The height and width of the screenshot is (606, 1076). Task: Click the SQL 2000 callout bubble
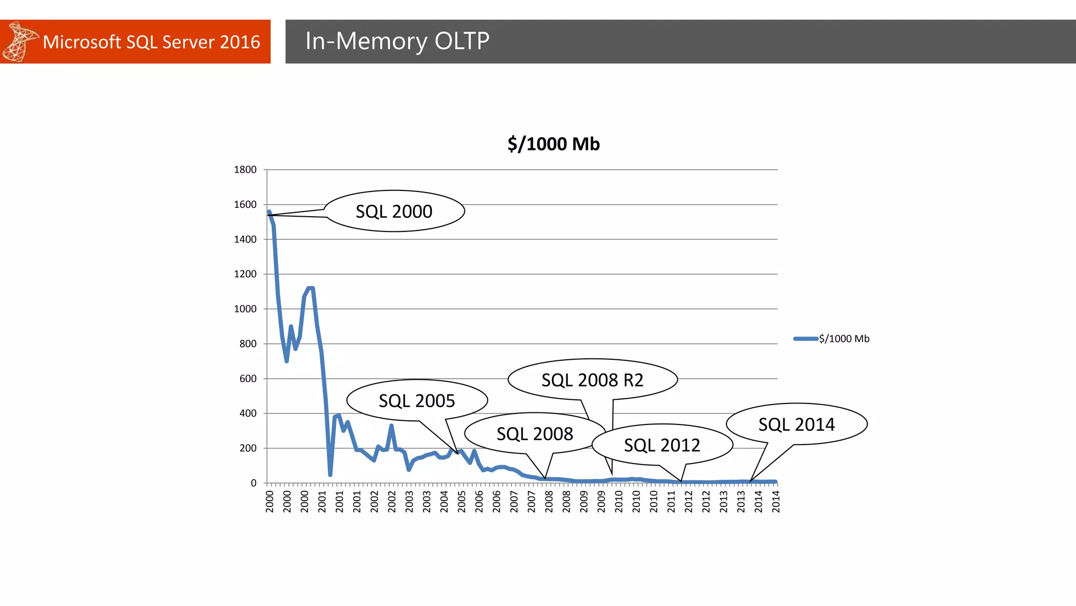[x=394, y=211]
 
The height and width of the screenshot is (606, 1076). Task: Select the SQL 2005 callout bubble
[x=417, y=401]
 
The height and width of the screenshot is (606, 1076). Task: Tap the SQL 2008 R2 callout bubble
[x=592, y=380]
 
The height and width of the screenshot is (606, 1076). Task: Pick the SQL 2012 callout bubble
[x=662, y=445]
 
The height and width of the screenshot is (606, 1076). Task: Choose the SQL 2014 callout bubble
[x=796, y=424]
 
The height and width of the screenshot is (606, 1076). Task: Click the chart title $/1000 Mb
[x=553, y=144]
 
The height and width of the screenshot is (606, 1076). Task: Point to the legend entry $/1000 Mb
[x=844, y=339]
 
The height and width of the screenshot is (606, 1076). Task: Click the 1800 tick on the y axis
[x=245, y=169]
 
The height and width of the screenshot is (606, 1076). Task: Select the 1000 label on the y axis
[x=245, y=309]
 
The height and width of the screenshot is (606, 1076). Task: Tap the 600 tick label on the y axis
[x=248, y=379]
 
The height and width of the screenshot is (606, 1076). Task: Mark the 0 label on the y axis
[x=254, y=483]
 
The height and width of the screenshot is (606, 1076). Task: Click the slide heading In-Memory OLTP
[x=397, y=41]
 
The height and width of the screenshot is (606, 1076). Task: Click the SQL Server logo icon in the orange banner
[x=20, y=42]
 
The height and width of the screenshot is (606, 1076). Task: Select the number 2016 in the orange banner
[x=240, y=42]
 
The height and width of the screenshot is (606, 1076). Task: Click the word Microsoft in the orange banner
[x=81, y=42]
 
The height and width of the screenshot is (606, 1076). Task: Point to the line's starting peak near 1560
[x=269, y=212]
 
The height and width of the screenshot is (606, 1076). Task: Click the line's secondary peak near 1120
[x=311, y=288]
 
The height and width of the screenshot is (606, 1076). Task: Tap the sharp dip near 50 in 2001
[x=330, y=474]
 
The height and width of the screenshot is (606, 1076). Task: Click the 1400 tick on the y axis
[x=245, y=239]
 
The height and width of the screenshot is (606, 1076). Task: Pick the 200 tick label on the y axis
[x=248, y=448]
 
